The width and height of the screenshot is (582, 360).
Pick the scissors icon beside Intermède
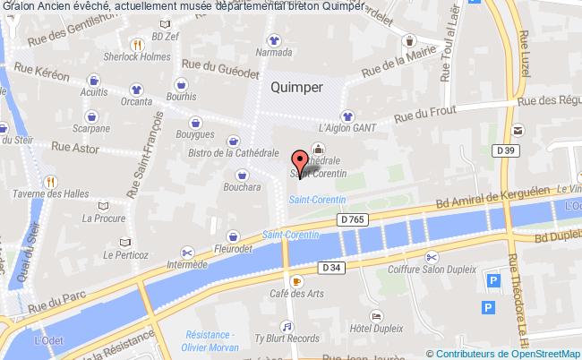(187, 251)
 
